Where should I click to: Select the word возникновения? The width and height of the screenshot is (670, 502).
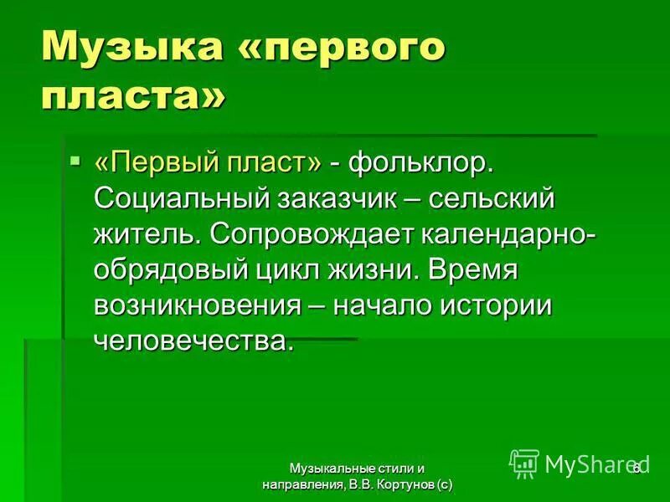198,305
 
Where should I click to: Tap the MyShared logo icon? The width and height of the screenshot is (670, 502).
524,464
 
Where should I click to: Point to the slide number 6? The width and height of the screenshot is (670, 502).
636,468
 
